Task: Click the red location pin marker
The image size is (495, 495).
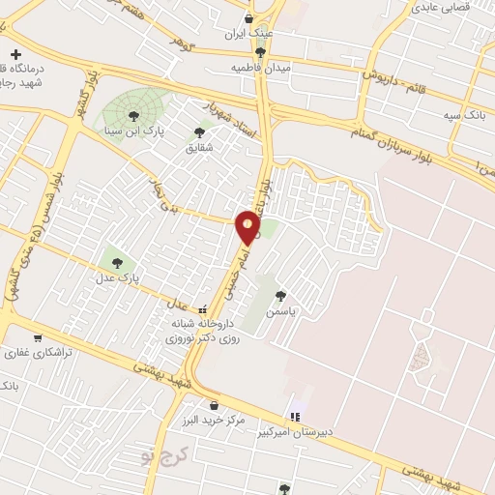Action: [248, 225]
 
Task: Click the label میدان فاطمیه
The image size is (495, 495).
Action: [261, 68]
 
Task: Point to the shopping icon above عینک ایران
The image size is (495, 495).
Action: [249, 18]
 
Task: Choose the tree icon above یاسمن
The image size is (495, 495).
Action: [281, 296]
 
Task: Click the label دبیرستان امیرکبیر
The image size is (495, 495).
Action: [294, 433]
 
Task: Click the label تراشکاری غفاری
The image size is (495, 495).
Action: [37, 355]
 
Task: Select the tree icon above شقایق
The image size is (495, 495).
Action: [199, 132]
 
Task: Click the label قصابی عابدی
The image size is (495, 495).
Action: [441, 8]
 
